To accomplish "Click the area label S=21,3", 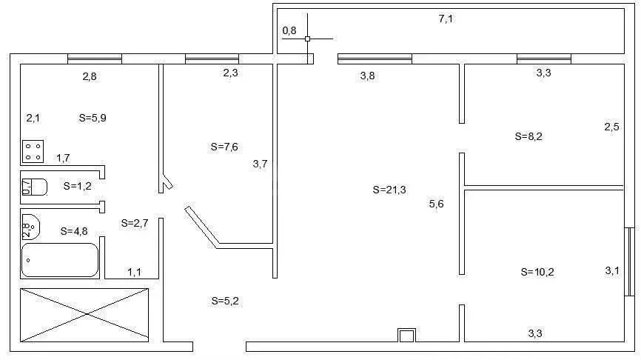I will [x=389, y=190].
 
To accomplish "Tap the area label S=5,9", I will [x=93, y=118].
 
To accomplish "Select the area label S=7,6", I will [x=224, y=147].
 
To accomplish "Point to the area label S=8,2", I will [x=528, y=136].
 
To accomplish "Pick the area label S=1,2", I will [x=77, y=186].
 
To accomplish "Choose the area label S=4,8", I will [x=74, y=230].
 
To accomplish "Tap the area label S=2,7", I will [x=134, y=222].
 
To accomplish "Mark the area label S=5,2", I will [x=225, y=301].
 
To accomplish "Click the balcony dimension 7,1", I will [x=446, y=19].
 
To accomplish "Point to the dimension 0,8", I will [x=289, y=30].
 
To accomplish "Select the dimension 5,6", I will [x=436, y=204].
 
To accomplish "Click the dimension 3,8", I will [x=367, y=76].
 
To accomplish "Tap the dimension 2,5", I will [x=611, y=127].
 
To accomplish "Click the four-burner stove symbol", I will [x=33, y=152].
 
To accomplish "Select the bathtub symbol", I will [x=59, y=260].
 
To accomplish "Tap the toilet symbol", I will [x=33, y=187].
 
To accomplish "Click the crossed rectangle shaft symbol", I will [x=84, y=315].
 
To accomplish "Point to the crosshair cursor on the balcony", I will [x=308, y=39].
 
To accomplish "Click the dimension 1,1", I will [x=134, y=273].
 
